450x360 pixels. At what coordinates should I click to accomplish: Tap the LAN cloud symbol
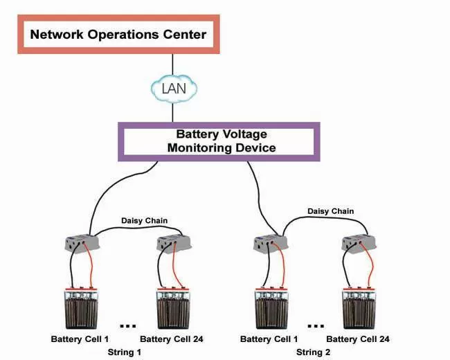point(174,89)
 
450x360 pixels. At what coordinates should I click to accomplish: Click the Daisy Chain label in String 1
point(145,220)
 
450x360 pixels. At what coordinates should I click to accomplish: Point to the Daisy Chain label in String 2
point(331,211)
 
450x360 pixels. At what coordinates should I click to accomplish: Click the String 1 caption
point(125,352)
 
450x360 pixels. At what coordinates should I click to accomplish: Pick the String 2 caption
point(314,352)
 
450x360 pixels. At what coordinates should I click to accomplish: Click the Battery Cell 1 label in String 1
point(80,339)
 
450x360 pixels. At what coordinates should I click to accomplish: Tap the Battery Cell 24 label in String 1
point(172,339)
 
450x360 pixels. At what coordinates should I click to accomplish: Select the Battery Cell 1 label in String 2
point(269,339)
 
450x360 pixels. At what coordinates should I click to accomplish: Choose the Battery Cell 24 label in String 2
point(358,339)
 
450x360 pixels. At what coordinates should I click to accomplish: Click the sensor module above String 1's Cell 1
point(82,243)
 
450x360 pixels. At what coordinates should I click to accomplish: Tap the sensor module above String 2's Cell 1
point(271,244)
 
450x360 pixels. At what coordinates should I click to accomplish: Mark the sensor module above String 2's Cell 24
point(359,244)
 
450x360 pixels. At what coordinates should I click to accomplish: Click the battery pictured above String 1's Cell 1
point(82,308)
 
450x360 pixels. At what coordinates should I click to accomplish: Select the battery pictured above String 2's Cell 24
point(359,308)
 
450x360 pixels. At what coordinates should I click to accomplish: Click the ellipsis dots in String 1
point(128,326)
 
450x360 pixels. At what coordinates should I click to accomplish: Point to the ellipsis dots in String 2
point(316,326)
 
